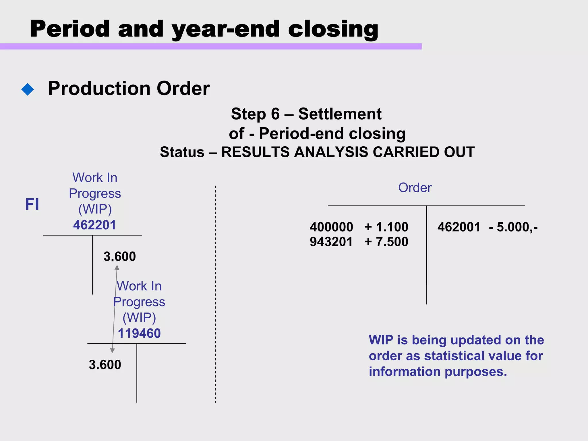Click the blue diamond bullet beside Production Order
[28, 89]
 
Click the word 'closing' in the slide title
[333, 29]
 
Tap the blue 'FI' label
[32, 204]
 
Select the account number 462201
[94, 225]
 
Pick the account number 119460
[139, 333]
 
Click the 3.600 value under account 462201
[119, 256]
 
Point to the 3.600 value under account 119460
[105, 365]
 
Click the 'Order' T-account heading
[415, 188]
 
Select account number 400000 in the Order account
[331, 227]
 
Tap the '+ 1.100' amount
[386, 227]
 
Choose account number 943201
[331, 242]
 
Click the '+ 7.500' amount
[386, 242]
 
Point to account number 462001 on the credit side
[459, 227]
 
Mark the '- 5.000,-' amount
[513, 227]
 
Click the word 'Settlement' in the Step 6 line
[340, 114]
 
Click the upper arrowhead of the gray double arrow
[117, 267]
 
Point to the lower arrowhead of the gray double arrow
[113, 351]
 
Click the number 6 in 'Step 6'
[275, 114]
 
